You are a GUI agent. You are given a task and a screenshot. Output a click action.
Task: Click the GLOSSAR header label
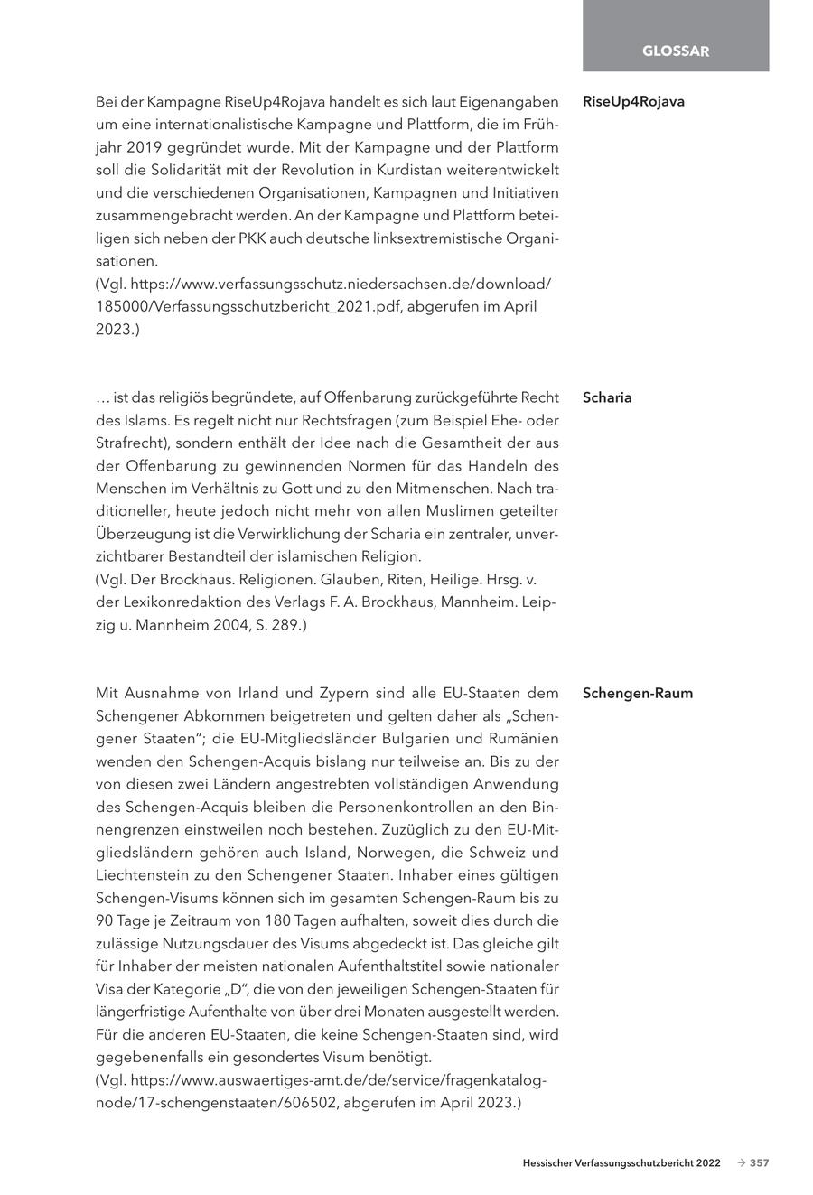tap(676, 51)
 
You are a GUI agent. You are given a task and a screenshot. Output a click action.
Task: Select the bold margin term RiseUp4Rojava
tap(633, 101)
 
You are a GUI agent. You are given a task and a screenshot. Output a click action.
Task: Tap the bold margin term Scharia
tap(607, 397)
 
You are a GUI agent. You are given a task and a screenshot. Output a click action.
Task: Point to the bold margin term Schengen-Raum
tap(638, 694)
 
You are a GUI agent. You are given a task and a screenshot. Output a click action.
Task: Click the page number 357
tap(759, 1163)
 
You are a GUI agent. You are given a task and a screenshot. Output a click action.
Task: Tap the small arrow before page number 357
tap(741, 1163)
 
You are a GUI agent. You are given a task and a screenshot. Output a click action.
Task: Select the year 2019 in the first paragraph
tap(145, 147)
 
